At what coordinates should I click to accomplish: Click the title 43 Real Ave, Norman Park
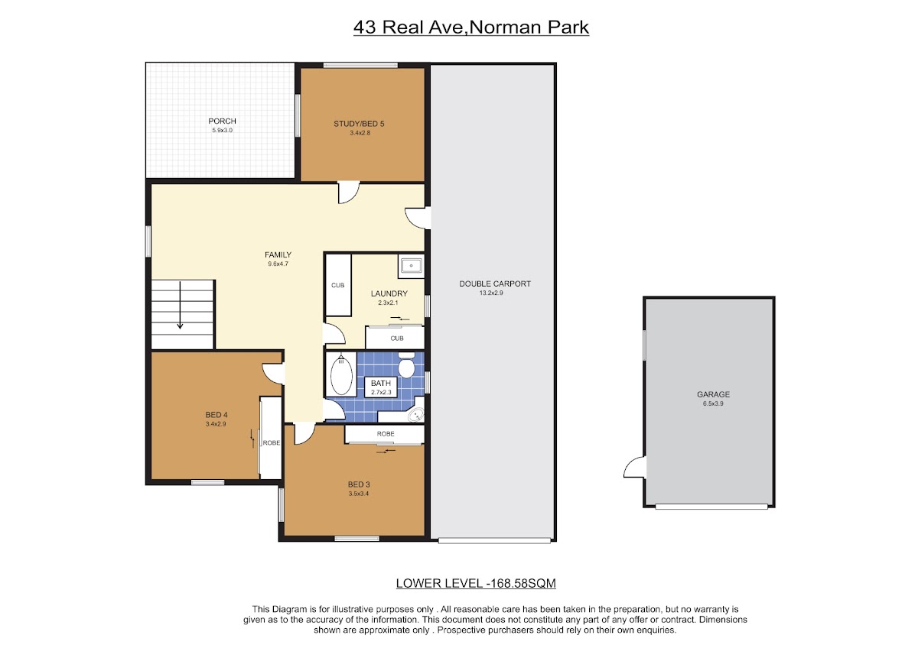pos(471,28)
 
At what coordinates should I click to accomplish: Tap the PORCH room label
pos(222,122)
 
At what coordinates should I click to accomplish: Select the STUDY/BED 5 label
pos(359,124)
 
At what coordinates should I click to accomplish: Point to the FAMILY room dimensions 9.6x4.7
pos(278,264)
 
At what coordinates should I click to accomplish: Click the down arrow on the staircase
pos(180,305)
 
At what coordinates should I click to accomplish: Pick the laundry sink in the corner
pos(411,266)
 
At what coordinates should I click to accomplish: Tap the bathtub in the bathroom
pos(341,374)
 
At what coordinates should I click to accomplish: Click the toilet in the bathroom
pos(406,364)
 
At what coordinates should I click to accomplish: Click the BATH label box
pos(381,387)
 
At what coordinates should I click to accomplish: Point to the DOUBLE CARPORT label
pos(495,283)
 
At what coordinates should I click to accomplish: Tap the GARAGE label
pos(714,394)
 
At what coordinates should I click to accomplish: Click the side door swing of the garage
pos(634,467)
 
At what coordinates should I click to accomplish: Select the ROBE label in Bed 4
pos(272,443)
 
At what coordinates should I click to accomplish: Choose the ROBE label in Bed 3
pos(386,434)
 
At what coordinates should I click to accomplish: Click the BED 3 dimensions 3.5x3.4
pos(359,494)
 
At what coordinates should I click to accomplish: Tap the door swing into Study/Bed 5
pos(349,193)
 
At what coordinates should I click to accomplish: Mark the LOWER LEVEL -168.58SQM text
pos(476,583)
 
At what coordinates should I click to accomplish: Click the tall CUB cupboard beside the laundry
pos(338,285)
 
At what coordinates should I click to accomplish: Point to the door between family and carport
pos(418,218)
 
